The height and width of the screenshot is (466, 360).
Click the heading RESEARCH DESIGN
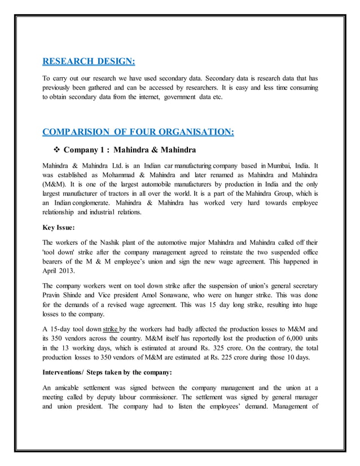click(89, 61)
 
